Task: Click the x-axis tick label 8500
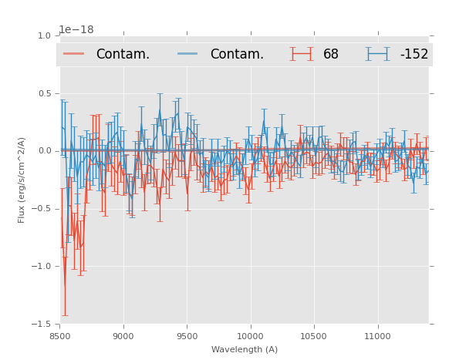coord(59,336)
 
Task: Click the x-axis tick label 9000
coord(123,336)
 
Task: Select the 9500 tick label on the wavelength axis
coord(187,336)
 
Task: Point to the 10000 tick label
coord(250,336)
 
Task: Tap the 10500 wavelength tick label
coord(313,336)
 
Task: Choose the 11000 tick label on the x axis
coord(377,336)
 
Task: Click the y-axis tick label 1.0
coord(43,35)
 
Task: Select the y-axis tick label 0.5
coord(43,93)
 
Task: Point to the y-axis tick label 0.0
coord(43,151)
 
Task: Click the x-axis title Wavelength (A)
coord(244,349)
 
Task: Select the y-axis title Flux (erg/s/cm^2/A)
coord(22,180)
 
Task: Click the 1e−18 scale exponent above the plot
coord(76,29)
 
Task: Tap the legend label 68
coord(331,55)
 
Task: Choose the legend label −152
coord(414,55)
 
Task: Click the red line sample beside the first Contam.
coord(74,54)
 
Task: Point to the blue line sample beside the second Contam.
coord(188,54)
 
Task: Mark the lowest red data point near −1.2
coord(65,286)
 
